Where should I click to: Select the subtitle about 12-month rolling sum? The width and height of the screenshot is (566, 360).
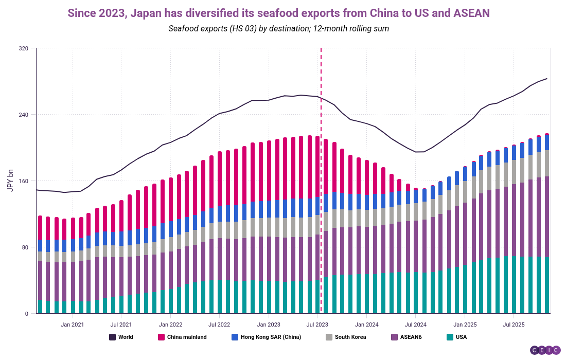tap(278, 28)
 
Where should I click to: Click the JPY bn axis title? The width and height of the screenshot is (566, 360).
tap(10, 181)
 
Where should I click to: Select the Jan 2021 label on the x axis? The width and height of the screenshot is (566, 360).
tap(72, 325)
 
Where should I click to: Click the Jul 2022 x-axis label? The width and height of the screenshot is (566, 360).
tap(219, 325)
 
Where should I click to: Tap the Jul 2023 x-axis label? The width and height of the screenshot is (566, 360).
tap(317, 325)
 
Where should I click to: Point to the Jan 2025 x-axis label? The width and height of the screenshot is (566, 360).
tap(465, 325)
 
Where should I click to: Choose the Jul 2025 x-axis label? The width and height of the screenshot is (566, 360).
tap(514, 325)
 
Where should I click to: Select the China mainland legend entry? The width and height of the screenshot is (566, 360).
tap(186, 337)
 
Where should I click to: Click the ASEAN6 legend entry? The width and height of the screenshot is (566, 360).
tap(411, 337)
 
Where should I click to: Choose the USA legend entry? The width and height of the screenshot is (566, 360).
tap(461, 337)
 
